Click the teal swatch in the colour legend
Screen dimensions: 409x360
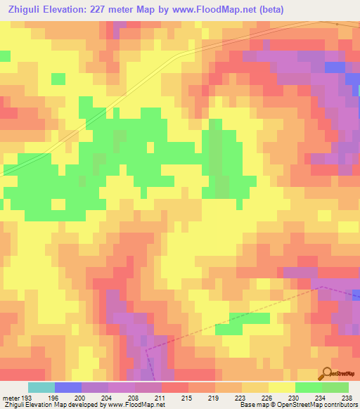point(41,387)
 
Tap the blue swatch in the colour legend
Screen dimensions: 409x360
point(68,387)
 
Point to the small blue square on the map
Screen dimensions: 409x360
point(335,66)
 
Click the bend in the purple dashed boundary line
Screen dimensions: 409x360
point(320,286)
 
